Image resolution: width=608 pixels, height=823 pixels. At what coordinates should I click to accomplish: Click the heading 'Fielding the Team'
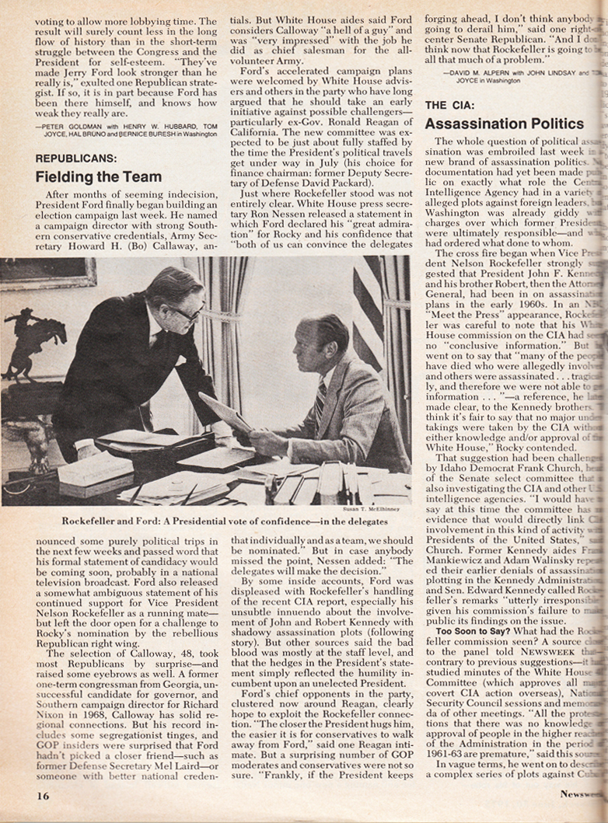tap(98, 176)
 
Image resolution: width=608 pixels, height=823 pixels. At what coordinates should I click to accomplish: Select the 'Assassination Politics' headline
tap(504, 124)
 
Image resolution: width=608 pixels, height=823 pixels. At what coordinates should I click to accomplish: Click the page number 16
tap(43, 795)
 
